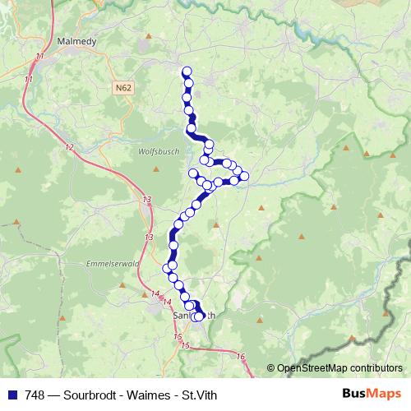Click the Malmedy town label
(x=80, y=39)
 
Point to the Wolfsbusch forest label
(x=155, y=151)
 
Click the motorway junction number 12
(x=69, y=147)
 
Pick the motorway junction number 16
(x=240, y=356)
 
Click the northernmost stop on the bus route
(x=187, y=72)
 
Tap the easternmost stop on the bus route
(x=244, y=177)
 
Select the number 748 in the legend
(x=34, y=394)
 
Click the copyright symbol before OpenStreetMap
(x=270, y=369)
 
